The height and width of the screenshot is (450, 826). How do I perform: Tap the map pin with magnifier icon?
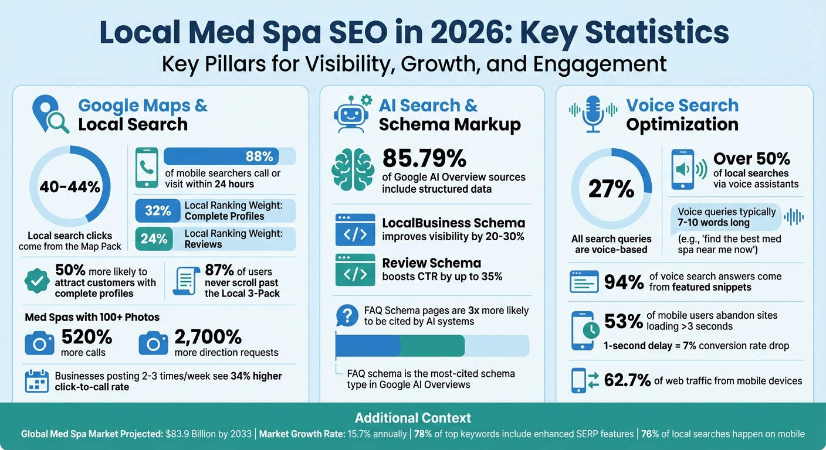[x=50, y=115]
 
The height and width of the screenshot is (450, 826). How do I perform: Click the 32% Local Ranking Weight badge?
[x=158, y=211]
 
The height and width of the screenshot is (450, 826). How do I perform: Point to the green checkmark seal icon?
[x=37, y=281]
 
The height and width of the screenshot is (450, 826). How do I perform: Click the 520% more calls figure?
[x=87, y=337]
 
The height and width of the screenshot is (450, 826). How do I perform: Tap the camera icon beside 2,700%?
[x=153, y=344]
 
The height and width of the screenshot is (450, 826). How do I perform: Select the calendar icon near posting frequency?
[x=37, y=381]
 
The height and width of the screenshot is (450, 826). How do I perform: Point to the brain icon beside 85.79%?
[x=352, y=171]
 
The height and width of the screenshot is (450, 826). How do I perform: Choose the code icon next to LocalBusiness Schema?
[x=355, y=230]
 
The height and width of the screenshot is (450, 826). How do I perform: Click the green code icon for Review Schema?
[x=355, y=270]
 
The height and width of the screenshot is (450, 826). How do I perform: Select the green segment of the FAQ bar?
[x=432, y=346]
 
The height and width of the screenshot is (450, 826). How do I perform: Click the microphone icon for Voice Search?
[x=593, y=114]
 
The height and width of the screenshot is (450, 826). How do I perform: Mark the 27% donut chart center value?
[x=611, y=189]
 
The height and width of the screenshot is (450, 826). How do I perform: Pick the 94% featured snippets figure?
[x=624, y=282]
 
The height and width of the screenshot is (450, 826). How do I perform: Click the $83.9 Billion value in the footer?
[x=207, y=435]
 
